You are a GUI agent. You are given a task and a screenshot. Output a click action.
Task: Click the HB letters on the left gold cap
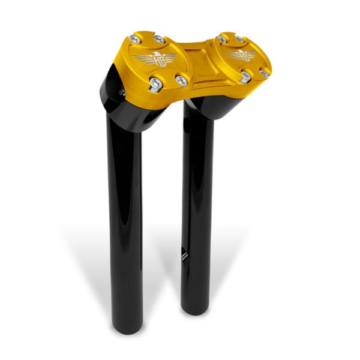154,59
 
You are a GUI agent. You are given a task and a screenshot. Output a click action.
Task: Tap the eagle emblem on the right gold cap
242,56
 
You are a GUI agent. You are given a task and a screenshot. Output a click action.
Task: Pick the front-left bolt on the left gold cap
155,83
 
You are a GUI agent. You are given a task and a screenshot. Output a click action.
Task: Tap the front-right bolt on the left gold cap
181,79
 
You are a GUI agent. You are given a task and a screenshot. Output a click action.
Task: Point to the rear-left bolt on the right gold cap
223,38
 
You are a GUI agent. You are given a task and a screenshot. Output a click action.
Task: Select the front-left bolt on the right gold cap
246,77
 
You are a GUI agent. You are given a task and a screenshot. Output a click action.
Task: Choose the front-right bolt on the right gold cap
263,73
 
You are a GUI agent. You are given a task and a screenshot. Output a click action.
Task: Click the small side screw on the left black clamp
121,92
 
